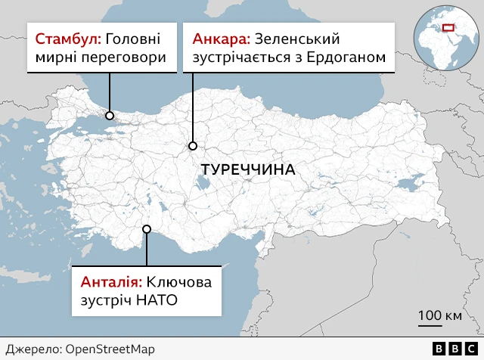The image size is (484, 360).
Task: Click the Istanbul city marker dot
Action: [x=110, y=116]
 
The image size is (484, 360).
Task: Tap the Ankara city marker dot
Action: [x=193, y=145]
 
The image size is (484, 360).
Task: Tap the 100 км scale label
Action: [x=440, y=315]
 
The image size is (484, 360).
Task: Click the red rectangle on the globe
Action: [x=449, y=29]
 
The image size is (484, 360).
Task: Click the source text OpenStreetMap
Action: [x=109, y=349]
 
